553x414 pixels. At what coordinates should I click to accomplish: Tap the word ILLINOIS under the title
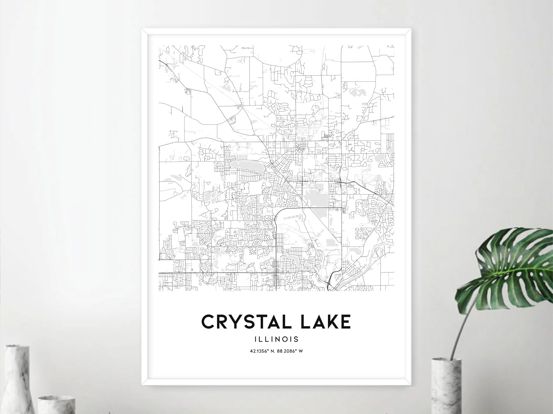pyautogui.click(x=276, y=339)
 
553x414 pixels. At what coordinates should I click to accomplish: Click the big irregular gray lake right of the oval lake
pyautogui.click(x=315, y=198)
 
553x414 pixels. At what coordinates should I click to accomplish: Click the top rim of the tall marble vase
pyautogui.click(x=17, y=347)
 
